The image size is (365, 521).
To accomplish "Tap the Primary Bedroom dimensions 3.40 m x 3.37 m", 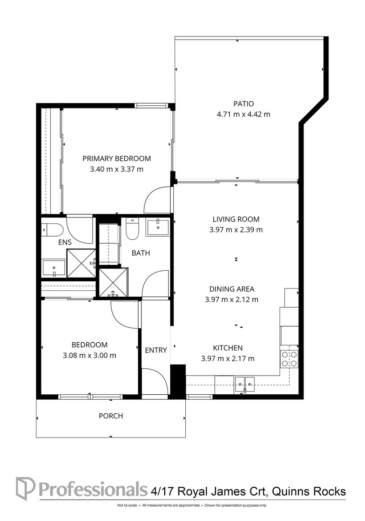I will coord(117,169).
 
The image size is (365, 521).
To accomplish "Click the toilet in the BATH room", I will coord(131,229).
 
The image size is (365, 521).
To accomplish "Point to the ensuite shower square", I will coord(82,263).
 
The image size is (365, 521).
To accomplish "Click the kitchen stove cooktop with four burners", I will coord(289,359).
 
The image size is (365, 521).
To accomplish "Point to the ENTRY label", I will coord(156,350).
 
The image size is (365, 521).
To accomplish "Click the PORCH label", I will coord(111,416).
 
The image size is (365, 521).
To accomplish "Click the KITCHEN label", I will coord(228,347).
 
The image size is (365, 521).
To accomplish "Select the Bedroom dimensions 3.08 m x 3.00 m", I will coord(89,355).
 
